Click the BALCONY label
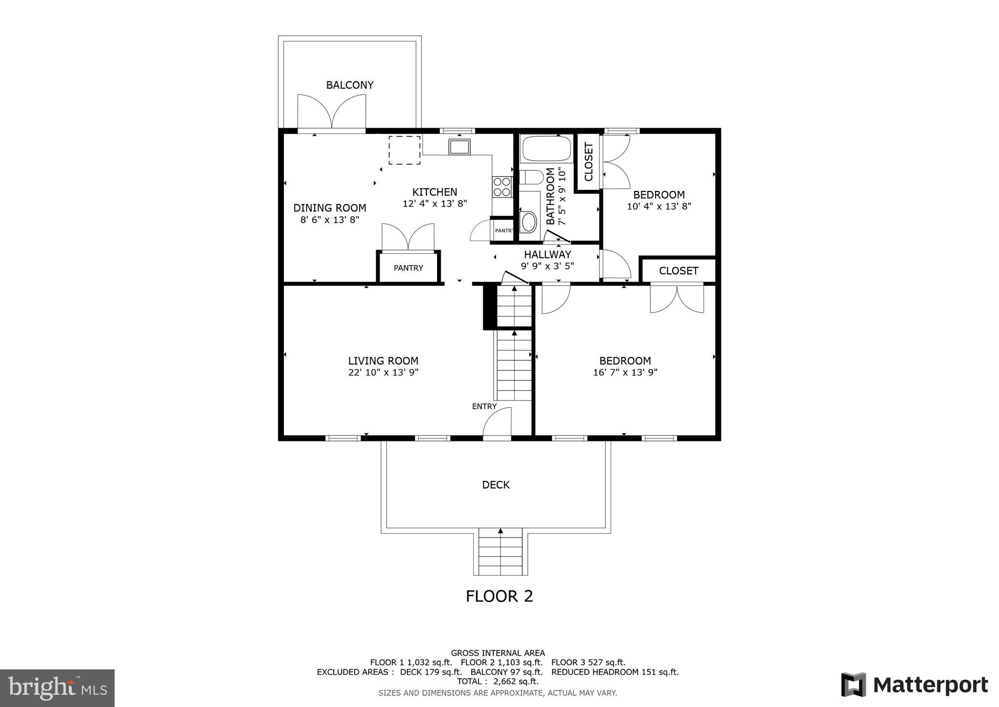tap(350, 85)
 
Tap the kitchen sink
tap(460, 146)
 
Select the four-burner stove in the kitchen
tap(502, 187)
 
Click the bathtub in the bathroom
tap(546, 148)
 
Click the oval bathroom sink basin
tap(528, 222)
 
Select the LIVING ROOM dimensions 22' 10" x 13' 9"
tap(383, 373)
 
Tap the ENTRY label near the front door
tap(484, 406)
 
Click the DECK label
tap(496, 485)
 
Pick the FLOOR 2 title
tap(499, 596)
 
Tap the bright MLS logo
tap(58, 688)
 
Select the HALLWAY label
tap(547, 254)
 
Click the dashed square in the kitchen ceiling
tap(404, 150)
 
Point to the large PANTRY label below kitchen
tap(408, 268)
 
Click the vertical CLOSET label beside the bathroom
tap(588, 162)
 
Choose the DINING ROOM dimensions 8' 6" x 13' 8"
tap(330, 220)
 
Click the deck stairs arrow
tap(500, 531)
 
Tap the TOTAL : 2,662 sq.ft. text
tap(498, 681)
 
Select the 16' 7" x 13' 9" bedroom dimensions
tap(625, 373)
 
